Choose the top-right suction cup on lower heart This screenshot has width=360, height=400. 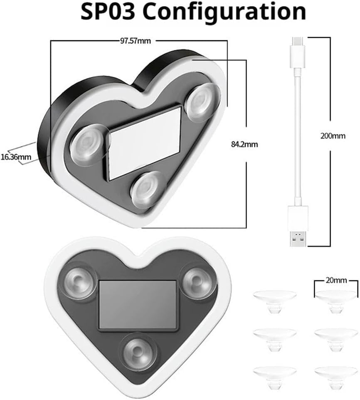point(196,281)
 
